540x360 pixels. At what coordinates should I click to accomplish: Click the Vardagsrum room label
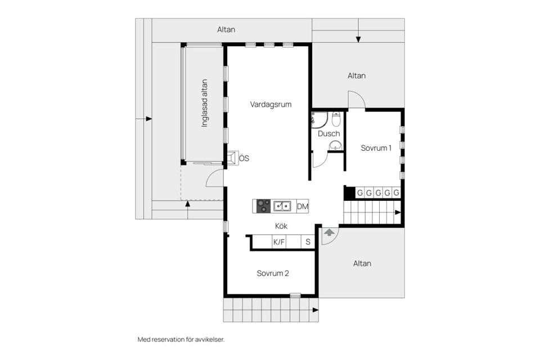pyautogui.click(x=271, y=105)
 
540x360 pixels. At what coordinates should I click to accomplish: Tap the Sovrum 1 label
pyautogui.click(x=376, y=148)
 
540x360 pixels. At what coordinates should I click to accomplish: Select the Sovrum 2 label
pyautogui.click(x=273, y=273)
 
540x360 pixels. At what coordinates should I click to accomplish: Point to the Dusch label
pyautogui.click(x=329, y=134)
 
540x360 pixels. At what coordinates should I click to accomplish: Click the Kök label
pyautogui.click(x=281, y=226)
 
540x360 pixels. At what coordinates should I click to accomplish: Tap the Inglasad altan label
pyautogui.click(x=205, y=103)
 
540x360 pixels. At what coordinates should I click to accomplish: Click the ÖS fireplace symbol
pyautogui.click(x=232, y=158)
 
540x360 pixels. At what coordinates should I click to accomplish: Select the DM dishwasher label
pyautogui.click(x=303, y=206)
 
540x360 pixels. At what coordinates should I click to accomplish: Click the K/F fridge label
pyautogui.click(x=279, y=242)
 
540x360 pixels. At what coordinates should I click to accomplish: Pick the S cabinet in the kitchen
pyautogui.click(x=308, y=242)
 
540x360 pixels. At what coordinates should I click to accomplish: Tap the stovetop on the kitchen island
pyautogui.click(x=264, y=206)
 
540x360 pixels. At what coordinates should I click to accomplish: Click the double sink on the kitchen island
pyautogui.click(x=282, y=206)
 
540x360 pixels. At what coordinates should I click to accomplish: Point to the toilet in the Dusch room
pyautogui.click(x=336, y=119)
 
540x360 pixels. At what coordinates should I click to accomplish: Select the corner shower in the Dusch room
pyautogui.click(x=318, y=120)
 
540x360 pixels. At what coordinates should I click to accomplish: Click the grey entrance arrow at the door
pyautogui.click(x=329, y=232)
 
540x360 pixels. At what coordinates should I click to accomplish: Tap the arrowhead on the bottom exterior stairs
pyautogui.click(x=316, y=310)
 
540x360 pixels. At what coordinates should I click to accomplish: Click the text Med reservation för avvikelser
pyautogui.click(x=181, y=340)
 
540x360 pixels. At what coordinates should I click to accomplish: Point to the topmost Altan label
pyautogui.click(x=226, y=30)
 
